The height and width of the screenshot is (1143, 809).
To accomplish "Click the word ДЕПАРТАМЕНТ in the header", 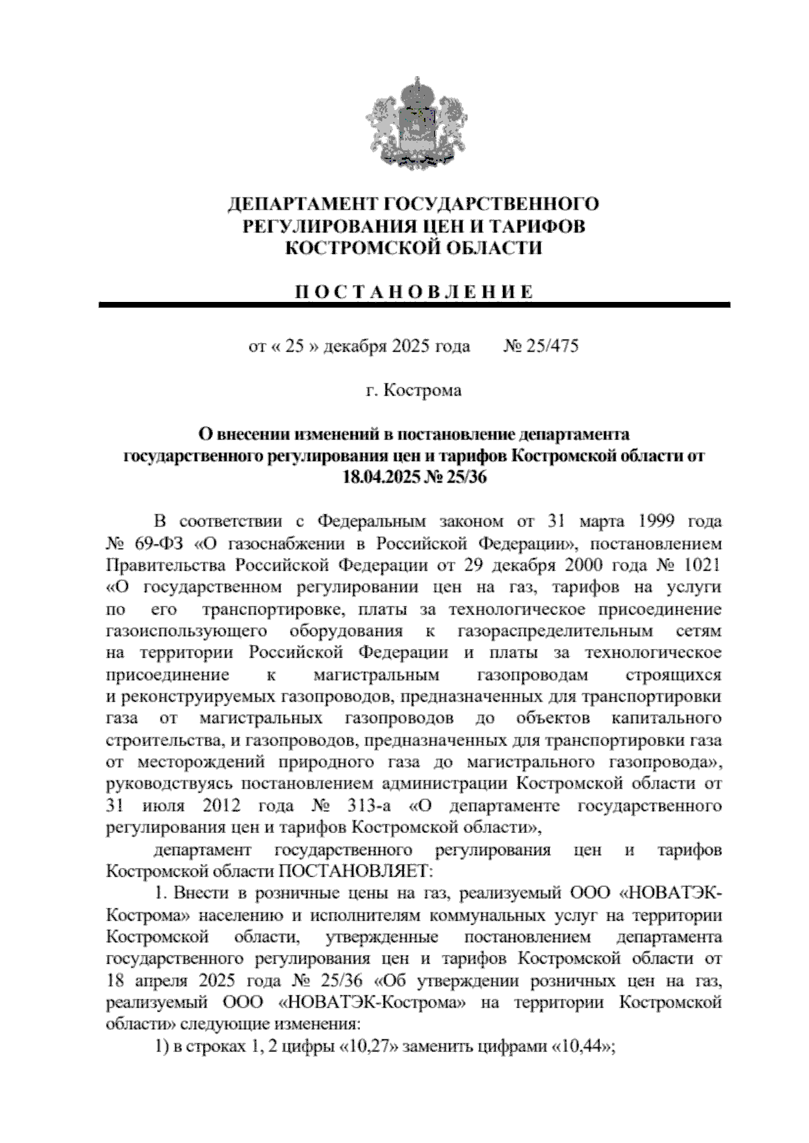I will pos(301,204).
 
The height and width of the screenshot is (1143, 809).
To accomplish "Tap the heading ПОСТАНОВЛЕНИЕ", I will pos(414,292).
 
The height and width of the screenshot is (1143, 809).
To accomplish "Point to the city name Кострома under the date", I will pos(423,390).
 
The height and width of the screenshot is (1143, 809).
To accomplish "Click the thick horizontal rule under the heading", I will pos(414,305).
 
